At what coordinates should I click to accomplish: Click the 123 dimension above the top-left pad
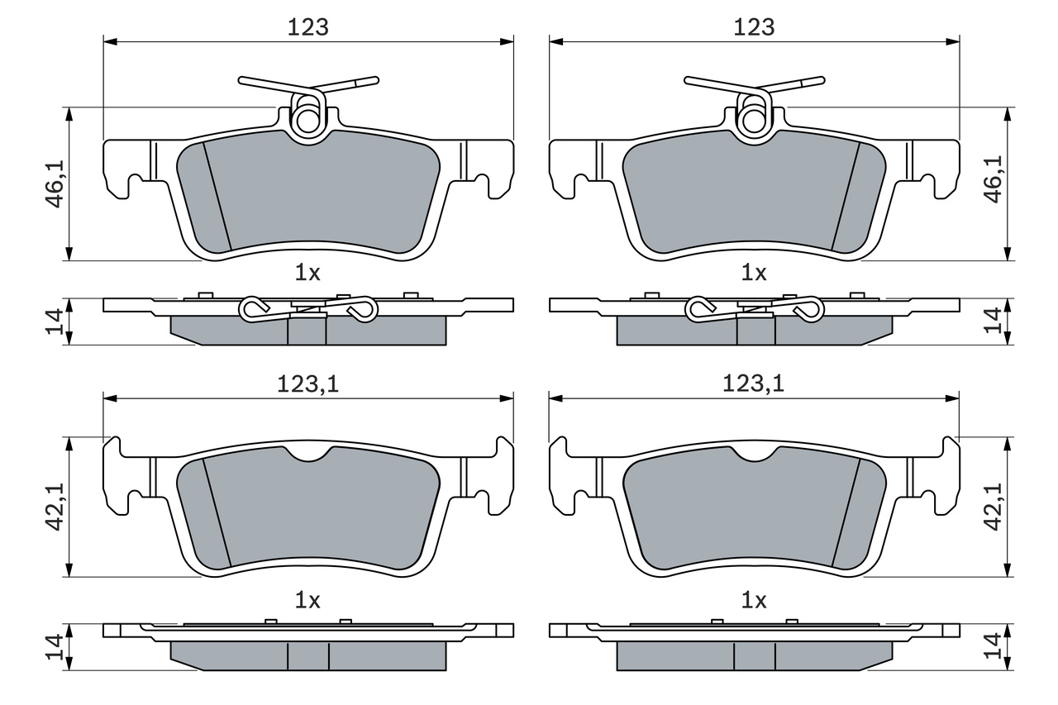(x=308, y=27)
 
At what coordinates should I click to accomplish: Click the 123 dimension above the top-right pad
(x=754, y=27)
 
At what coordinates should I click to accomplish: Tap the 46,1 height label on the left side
(x=55, y=183)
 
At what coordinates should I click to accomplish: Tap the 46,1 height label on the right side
(x=994, y=179)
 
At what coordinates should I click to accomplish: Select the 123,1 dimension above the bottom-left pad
(x=308, y=383)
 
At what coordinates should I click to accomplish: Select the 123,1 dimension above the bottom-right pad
(x=754, y=383)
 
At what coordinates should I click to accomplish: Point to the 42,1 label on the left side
(x=55, y=507)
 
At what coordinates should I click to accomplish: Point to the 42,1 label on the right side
(x=994, y=507)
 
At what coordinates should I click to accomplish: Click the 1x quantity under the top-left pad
(x=307, y=273)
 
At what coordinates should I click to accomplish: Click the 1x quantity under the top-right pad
(x=754, y=273)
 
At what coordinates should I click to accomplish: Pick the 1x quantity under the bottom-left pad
(x=307, y=601)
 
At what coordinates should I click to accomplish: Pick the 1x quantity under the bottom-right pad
(x=754, y=601)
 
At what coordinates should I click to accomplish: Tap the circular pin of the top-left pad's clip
(x=307, y=121)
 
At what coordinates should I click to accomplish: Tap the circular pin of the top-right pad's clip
(x=754, y=121)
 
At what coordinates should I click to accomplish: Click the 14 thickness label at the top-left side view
(x=55, y=322)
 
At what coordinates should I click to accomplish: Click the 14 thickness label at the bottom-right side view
(x=994, y=646)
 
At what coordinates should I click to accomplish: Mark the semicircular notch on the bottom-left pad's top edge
(x=308, y=454)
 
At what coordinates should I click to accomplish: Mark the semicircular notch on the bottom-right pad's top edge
(x=754, y=454)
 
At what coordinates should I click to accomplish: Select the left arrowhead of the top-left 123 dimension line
(x=110, y=41)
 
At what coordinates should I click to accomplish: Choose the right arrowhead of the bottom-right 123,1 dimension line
(x=953, y=398)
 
